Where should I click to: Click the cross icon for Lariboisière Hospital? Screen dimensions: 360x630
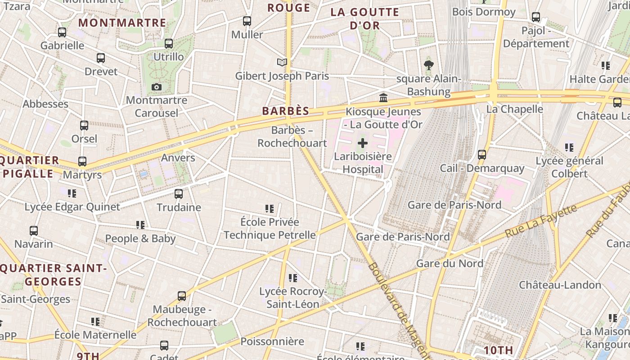[x=362, y=144]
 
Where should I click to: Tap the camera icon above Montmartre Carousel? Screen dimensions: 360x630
[x=156, y=87]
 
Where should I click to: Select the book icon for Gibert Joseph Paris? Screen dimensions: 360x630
[x=282, y=62]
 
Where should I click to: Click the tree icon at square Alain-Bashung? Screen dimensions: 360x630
[x=428, y=65]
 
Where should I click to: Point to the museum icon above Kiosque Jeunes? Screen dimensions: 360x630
[x=383, y=98]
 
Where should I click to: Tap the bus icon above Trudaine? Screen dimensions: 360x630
[x=179, y=194]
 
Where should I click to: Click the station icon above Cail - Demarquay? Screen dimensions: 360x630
[x=482, y=155]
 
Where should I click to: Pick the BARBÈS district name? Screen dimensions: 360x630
[x=286, y=111]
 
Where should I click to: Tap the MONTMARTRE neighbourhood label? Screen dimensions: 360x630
[x=122, y=22]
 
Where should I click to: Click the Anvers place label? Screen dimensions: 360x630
[x=178, y=157]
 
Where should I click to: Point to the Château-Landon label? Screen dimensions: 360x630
[x=560, y=285]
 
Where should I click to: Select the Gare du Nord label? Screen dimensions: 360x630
[x=450, y=263]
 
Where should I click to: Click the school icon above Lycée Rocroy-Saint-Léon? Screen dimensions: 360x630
[x=293, y=278]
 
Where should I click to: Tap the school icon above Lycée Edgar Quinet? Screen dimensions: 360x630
[x=72, y=193]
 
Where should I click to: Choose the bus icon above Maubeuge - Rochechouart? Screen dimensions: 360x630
[x=182, y=296]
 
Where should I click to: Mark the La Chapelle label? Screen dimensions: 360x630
[x=514, y=109]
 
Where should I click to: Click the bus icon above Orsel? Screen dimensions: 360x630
[x=84, y=126]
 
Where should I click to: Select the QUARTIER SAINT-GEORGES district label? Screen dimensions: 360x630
[x=53, y=275]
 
